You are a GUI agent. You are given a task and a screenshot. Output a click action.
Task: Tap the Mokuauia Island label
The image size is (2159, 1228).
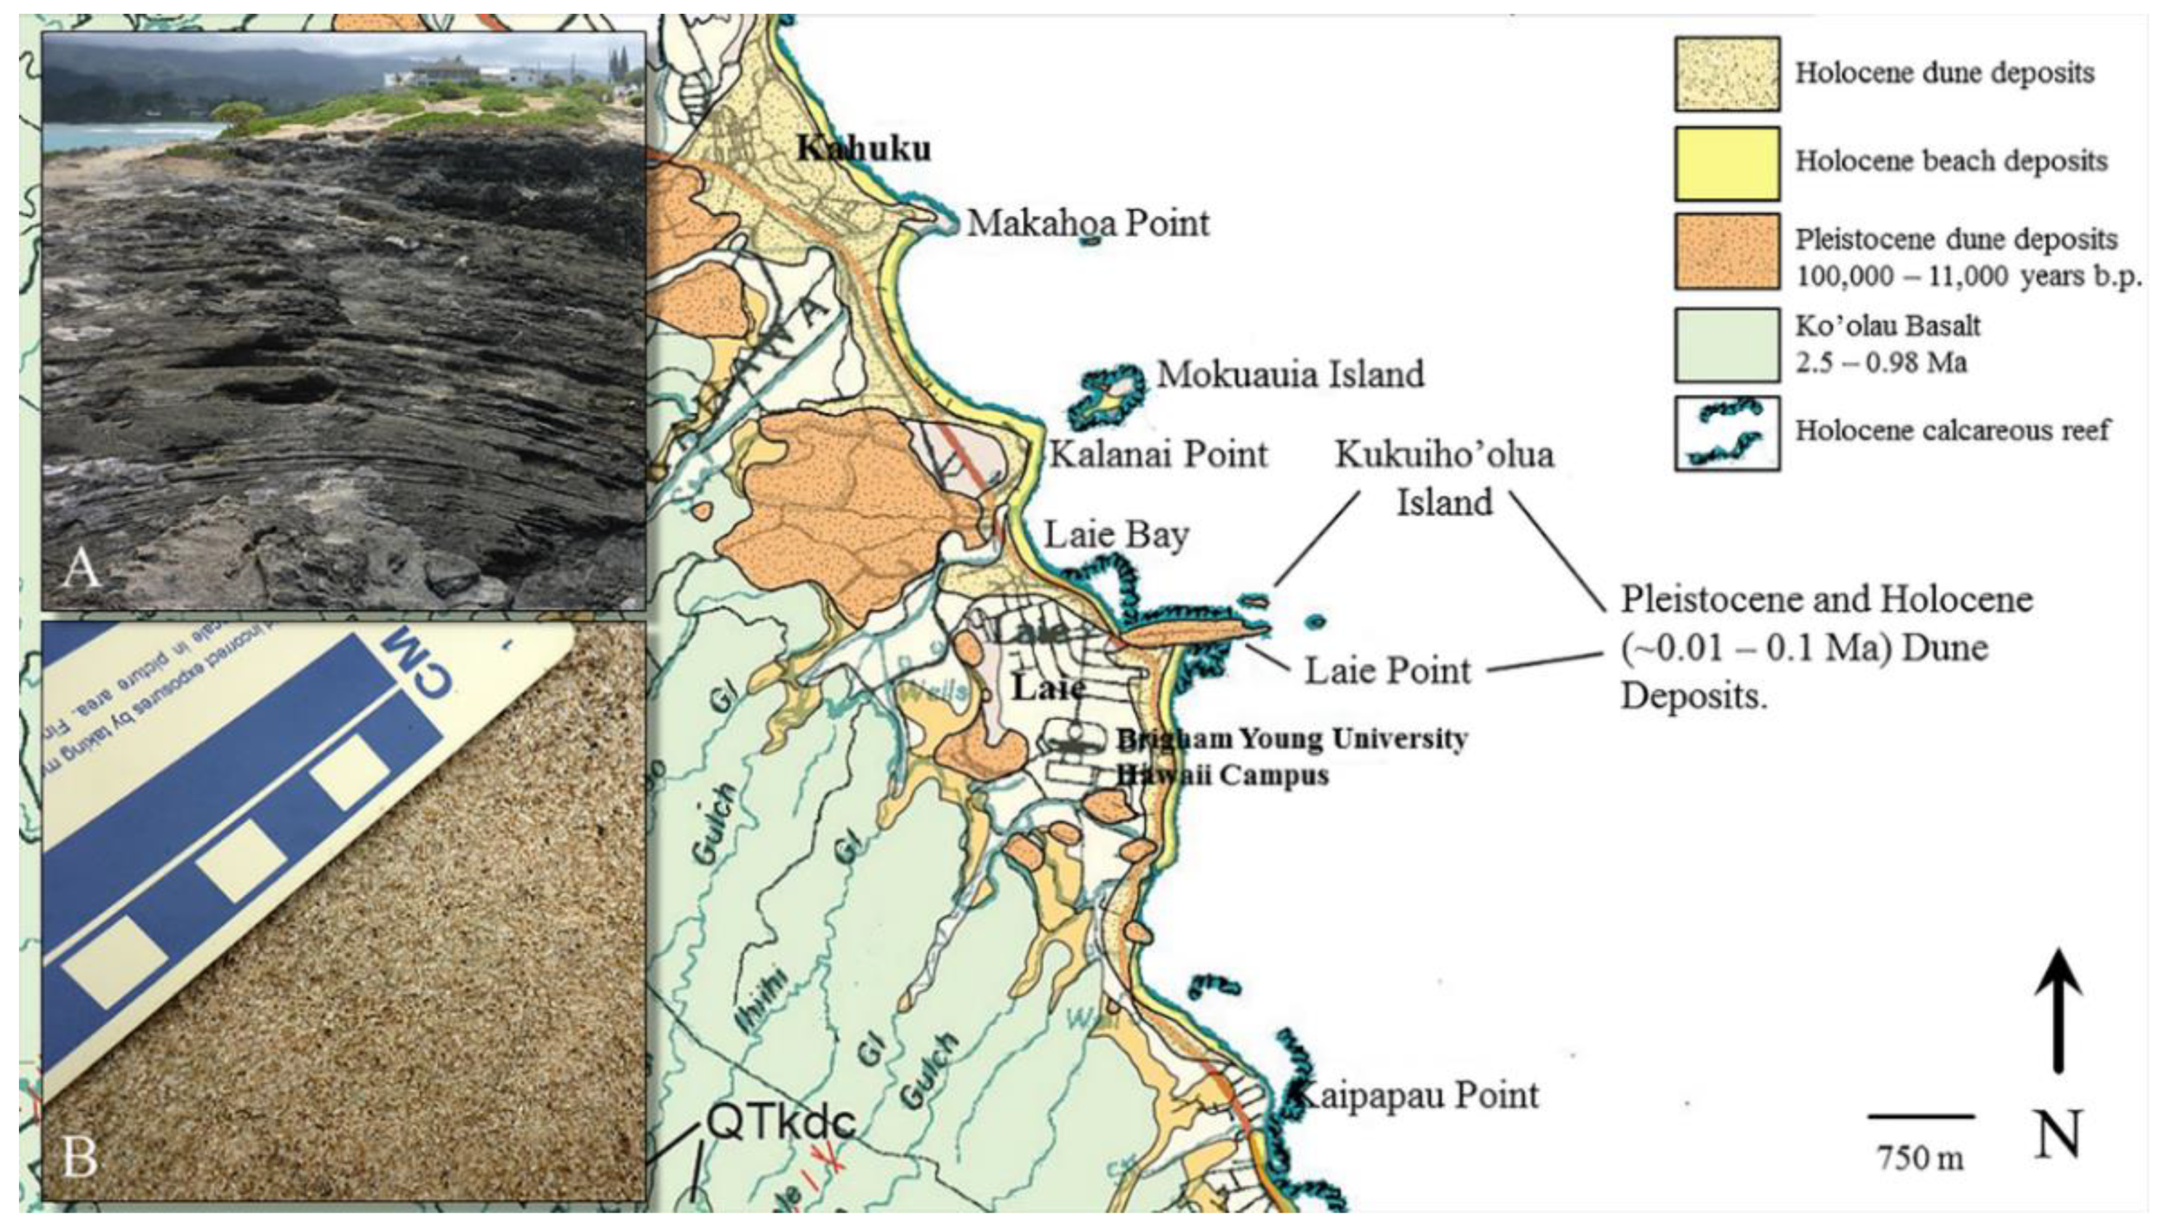[x=1290, y=374]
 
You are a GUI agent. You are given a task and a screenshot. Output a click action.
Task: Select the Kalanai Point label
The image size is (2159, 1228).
[x=1158, y=454]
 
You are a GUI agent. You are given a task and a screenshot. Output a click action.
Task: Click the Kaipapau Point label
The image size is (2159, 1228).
[x=1417, y=1096]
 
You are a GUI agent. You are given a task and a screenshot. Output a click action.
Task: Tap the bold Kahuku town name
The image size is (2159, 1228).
[x=865, y=149]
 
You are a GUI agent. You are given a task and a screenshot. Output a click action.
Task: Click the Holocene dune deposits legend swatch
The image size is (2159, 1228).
[x=1726, y=74]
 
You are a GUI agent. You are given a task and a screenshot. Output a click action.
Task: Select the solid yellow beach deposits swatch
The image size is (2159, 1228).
[x=1726, y=163]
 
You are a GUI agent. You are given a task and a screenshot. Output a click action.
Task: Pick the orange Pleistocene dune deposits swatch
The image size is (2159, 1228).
[x=1726, y=252]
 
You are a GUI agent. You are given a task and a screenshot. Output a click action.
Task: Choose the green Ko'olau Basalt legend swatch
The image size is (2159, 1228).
[x=1726, y=344]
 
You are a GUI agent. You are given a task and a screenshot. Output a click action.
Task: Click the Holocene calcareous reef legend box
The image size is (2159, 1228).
[x=1726, y=433]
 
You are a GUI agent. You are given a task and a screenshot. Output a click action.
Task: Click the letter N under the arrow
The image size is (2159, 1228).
[x=2058, y=1134]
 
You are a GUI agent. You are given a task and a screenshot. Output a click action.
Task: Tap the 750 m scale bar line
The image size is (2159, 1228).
[x=1920, y=1116]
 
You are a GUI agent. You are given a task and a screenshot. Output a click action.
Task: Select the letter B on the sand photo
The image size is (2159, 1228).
[x=80, y=1157]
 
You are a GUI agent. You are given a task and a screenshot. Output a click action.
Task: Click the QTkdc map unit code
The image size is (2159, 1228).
[x=780, y=1122]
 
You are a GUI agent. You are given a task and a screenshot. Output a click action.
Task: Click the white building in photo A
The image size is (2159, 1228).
[x=447, y=72]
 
